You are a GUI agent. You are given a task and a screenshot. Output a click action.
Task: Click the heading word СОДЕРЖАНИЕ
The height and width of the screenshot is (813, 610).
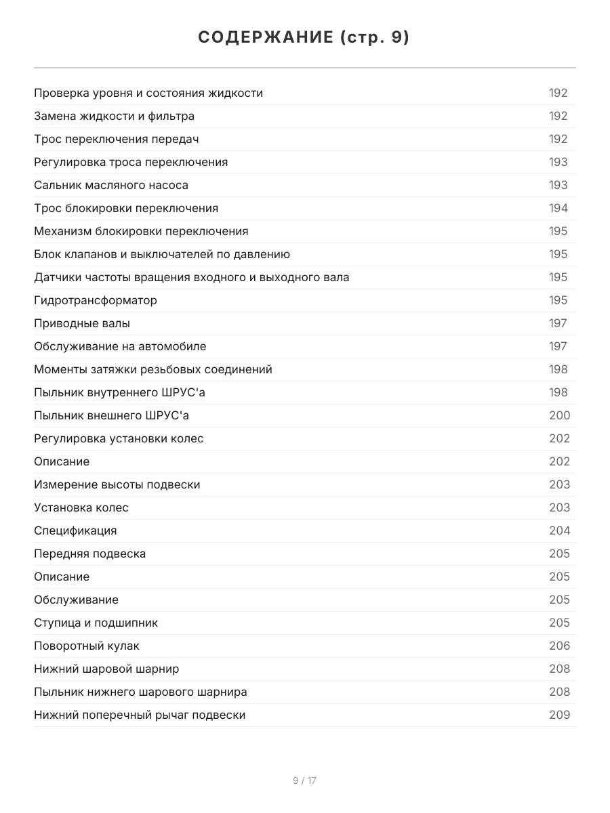click(x=264, y=38)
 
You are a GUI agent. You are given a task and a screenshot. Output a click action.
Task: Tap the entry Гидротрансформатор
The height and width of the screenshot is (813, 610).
click(x=96, y=300)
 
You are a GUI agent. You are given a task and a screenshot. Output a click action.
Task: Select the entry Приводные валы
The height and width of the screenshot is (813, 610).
click(x=82, y=323)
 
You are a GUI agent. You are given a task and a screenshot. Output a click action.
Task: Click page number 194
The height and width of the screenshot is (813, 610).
click(x=558, y=208)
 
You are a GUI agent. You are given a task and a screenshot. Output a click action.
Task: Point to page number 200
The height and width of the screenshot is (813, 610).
click(x=559, y=415)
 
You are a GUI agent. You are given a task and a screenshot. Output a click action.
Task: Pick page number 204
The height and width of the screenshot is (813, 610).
click(x=559, y=530)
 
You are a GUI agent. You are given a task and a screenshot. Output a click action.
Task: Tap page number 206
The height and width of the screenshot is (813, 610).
click(x=559, y=646)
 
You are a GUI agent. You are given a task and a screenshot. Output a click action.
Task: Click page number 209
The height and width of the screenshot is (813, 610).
click(x=559, y=715)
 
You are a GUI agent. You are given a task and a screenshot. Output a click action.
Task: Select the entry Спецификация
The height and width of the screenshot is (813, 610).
click(x=75, y=530)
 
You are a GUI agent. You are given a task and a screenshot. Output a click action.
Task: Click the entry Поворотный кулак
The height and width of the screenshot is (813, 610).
click(x=87, y=646)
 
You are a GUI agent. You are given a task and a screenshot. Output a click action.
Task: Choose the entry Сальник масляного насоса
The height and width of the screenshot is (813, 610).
click(x=111, y=185)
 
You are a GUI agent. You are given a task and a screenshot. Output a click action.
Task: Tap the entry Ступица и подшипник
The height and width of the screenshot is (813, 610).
click(x=96, y=623)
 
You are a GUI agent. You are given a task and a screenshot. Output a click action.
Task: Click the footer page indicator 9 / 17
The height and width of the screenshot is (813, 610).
click(x=304, y=780)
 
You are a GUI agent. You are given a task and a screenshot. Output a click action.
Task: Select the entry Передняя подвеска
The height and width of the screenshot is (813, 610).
click(x=89, y=554)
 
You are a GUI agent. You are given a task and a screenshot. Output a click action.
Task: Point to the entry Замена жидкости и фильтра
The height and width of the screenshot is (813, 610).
click(x=114, y=116)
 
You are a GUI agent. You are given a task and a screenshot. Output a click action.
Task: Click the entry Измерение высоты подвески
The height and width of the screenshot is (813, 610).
click(x=117, y=484)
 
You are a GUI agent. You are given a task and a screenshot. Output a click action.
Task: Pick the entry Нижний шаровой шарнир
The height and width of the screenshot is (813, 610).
click(x=106, y=669)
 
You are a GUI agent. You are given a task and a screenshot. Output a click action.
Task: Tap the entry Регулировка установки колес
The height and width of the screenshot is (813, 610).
click(x=119, y=438)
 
